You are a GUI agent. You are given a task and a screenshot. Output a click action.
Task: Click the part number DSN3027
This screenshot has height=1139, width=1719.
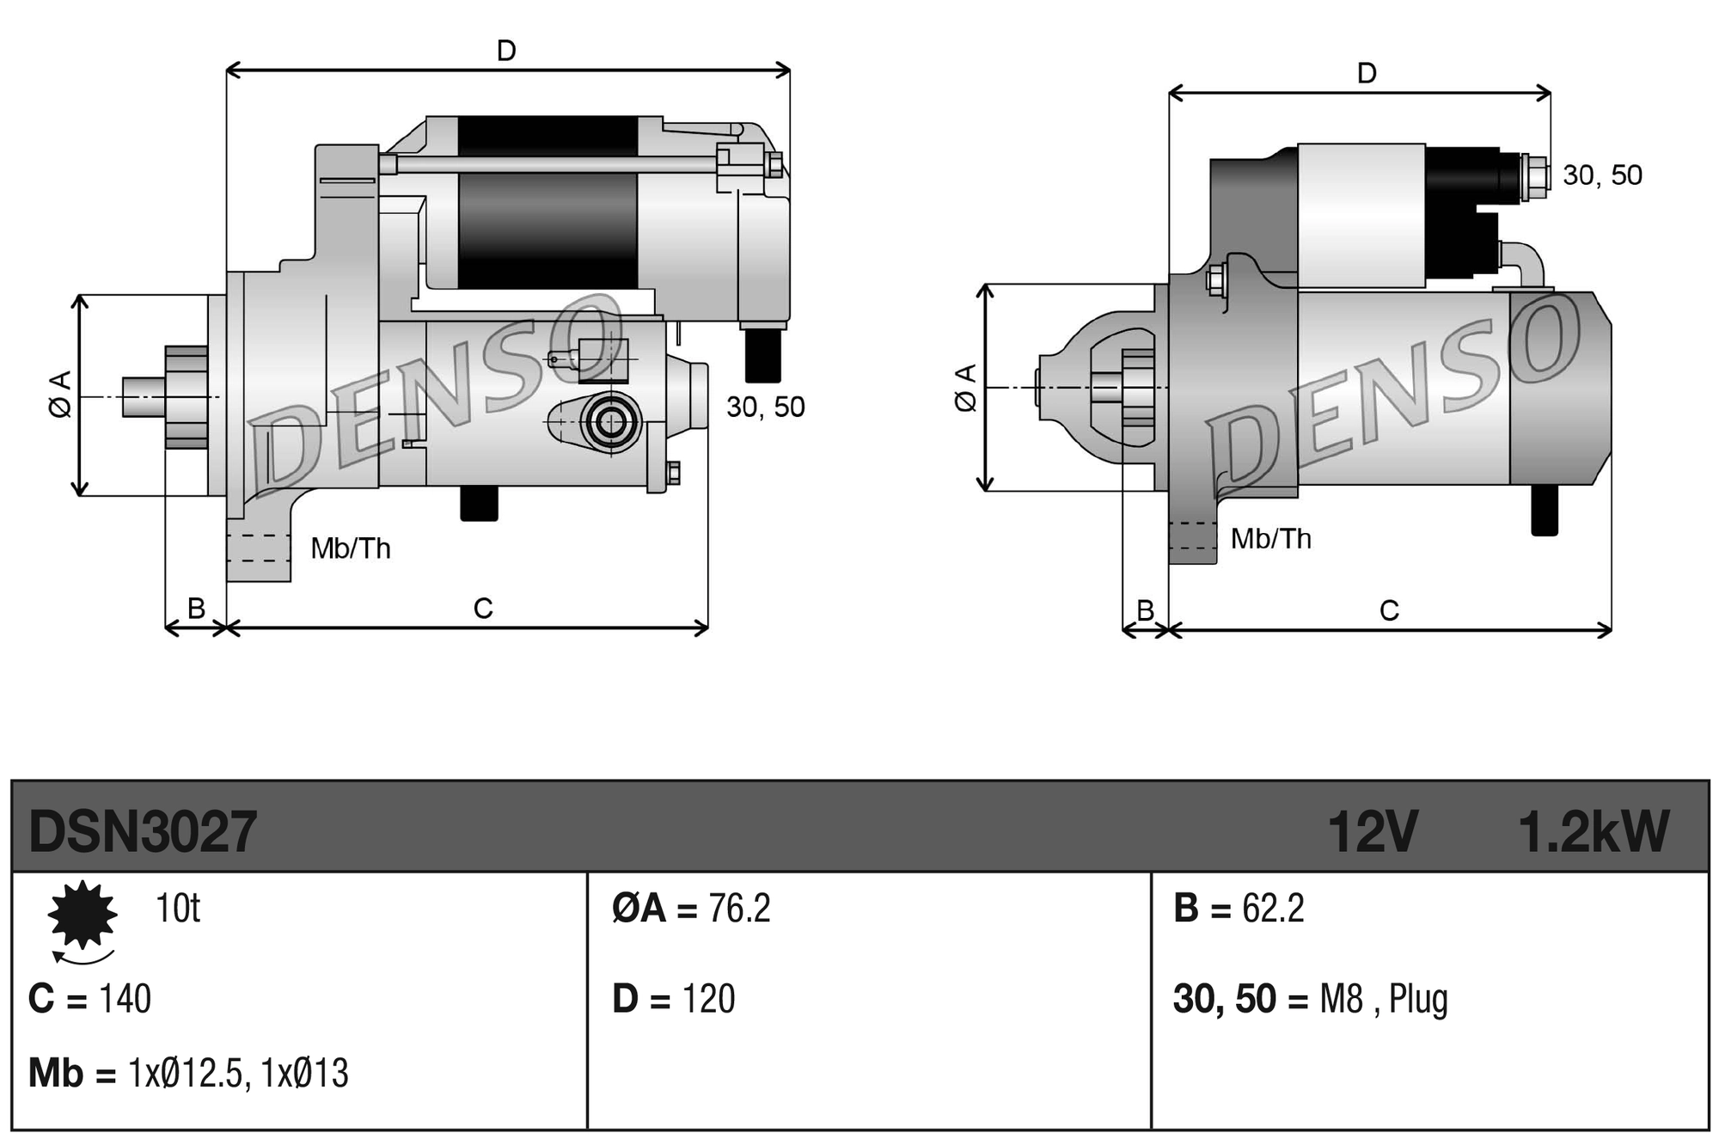(143, 831)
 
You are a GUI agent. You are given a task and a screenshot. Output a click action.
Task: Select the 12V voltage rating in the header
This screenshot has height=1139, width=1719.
(1372, 831)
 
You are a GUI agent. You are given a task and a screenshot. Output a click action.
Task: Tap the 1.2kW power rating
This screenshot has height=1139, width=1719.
(1593, 831)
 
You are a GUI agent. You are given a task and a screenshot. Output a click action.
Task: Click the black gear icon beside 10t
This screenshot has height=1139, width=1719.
(83, 915)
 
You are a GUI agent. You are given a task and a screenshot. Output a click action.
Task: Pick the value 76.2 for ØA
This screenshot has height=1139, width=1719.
(739, 909)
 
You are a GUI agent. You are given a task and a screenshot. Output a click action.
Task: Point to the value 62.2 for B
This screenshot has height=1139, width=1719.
(1273, 909)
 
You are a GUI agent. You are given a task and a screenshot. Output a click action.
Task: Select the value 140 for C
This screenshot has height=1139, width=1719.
(125, 999)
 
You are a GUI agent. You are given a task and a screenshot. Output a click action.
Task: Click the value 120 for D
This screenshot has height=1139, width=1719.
(708, 999)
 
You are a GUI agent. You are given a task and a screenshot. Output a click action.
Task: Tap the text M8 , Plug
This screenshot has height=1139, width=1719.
(1383, 999)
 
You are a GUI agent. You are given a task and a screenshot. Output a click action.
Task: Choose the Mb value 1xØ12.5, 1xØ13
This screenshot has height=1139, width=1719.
(238, 1074)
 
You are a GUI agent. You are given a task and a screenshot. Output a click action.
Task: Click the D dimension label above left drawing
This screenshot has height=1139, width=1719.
(506, 51)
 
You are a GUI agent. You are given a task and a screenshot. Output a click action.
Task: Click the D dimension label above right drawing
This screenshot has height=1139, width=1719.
(1367, 73)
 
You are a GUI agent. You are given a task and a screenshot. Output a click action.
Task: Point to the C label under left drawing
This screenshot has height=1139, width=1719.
(483, 609)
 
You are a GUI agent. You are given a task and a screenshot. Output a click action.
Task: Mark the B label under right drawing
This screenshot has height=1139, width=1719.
(1145, 609)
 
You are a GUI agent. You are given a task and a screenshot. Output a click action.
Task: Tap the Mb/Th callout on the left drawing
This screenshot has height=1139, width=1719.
(351, 548)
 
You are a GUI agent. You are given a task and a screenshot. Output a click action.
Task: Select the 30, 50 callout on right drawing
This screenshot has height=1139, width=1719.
(1602, 175)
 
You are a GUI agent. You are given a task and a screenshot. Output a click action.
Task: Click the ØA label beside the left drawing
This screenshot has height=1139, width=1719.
(60, 395)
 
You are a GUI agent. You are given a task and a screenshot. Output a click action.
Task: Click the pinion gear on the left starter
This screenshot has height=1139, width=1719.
(186, 397)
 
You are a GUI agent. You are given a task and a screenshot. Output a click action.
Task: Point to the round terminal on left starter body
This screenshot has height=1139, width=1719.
(611, 422)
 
